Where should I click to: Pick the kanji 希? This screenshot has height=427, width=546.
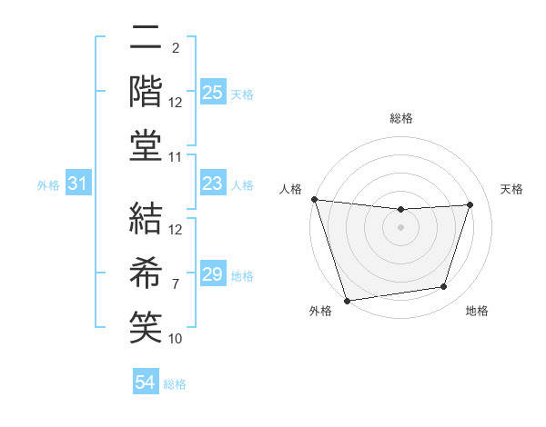(x=146, y=270)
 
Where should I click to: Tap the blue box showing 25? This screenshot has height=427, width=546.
(x=212, y=93)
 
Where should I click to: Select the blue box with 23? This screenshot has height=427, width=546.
(x=212, y=184)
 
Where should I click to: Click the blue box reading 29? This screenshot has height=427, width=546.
(x=212, y=274)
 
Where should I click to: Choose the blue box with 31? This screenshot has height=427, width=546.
(x=78, y=184)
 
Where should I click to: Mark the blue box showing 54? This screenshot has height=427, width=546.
(x=145, y=383)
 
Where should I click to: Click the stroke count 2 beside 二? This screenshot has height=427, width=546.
(x=175, y=47)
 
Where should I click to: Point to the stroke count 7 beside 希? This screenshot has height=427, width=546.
(x=175, y=283)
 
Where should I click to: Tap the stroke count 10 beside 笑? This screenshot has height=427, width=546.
(x=176, y=338)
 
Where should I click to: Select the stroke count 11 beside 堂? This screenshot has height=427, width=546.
(x=176, y=157)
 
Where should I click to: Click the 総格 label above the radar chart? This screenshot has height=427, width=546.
(x=400, y=118)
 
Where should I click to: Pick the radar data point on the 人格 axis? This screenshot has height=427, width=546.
(x=314, y=199)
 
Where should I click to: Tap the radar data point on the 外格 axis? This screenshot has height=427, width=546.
(x=347, y=300)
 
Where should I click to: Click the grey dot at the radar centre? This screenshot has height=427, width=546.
(x=400, y=227)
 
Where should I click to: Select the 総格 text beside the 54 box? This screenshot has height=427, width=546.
(x=175, y=384)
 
